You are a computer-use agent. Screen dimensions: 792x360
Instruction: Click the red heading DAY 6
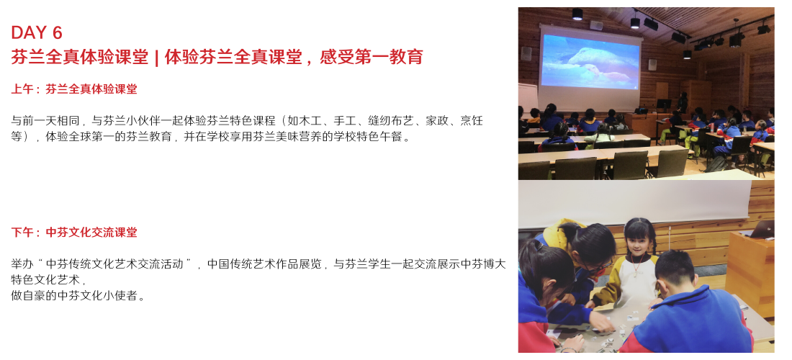tap(37, 33)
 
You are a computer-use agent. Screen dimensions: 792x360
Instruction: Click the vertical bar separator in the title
tap(156, 58)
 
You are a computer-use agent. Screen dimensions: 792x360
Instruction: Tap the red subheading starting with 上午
tap(74, 89)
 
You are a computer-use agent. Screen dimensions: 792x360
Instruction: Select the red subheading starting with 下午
tap(74, 233)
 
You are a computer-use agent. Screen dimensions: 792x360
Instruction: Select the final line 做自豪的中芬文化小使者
tap(78, 296)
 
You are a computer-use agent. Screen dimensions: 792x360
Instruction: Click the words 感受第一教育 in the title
tap(372, 58)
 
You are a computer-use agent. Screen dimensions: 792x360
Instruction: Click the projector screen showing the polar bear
tap(590, 62)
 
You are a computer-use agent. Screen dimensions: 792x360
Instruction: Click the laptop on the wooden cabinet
tap(762, 229)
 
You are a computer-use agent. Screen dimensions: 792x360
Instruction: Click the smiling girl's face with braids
tap(638, 241)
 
